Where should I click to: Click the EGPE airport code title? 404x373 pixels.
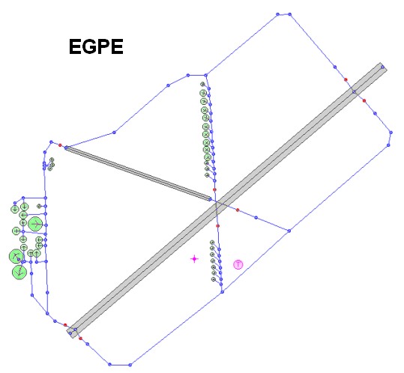[x=96, y=46]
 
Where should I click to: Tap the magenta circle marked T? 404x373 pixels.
[x=238, y=264]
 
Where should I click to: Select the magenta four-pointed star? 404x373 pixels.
[x=194, y=258]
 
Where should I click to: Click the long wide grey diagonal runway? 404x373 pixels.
[x=226, y=200]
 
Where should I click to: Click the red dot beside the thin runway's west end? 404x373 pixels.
[x=60, y=145]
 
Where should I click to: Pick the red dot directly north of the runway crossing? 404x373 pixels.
[x=214, y=189]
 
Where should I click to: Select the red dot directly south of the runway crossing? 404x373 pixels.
[x=217, y=226]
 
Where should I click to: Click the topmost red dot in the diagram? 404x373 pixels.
[x=346, y=79]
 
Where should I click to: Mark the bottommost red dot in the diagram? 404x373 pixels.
[x=80, y=339]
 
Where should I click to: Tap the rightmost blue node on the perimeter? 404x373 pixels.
[x=391, y=133]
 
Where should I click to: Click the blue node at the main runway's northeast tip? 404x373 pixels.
[x=382, y=67]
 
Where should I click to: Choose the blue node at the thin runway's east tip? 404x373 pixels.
[x=210, y=199]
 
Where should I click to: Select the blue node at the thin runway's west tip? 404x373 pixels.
[x=66, y=148]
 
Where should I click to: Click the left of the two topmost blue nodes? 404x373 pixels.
[x=277, y=14]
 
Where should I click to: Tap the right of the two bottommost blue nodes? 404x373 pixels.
[x=130, y=365]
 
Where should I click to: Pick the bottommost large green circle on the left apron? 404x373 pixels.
[x=19, y=272]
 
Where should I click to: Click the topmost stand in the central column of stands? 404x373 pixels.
[x=202, y=84]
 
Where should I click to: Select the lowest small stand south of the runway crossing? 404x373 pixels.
[x=214, y=279]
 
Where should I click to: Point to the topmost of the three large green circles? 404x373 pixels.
[x=35, y=225]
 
